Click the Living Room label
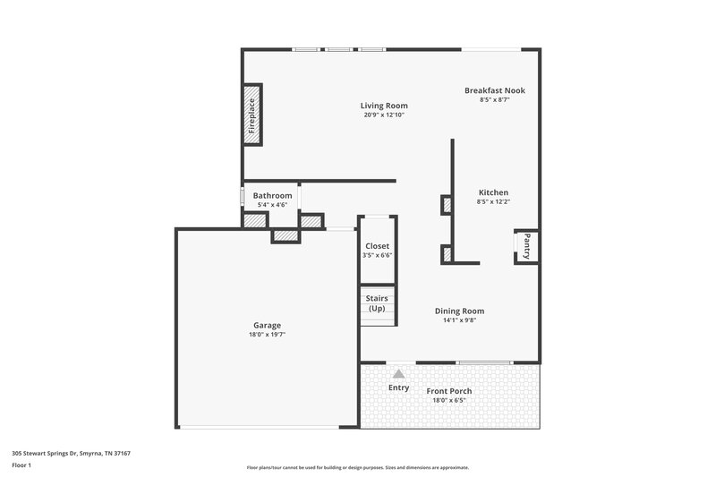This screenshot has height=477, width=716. tap(384, 106)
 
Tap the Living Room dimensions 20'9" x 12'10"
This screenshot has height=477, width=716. tap(384, 115)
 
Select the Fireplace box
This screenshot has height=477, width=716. tap(253, 115)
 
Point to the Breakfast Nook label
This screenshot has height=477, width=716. tap(494, 90)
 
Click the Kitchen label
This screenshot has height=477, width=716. tap(493, 192)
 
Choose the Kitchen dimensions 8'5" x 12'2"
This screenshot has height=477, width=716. tap(493, 202)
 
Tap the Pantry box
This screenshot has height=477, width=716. tap(526, 246)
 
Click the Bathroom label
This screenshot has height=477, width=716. tap(272, 195)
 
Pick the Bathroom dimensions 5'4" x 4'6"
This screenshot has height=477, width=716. tap(272, 205)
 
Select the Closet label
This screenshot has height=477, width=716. tap(377, 246)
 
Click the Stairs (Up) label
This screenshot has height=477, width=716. tap(377, 303)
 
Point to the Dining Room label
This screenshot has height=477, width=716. tap(459, 311)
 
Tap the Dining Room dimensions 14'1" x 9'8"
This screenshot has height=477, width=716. tap(459, 320)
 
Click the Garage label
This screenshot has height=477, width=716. tap(267, 325)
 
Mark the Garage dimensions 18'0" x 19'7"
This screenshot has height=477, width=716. tap(267, 335)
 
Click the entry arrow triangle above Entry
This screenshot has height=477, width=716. tap(398, 371)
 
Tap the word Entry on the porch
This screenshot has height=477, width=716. tap(398, 388)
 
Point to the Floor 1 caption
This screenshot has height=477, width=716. tap(21, 466)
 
